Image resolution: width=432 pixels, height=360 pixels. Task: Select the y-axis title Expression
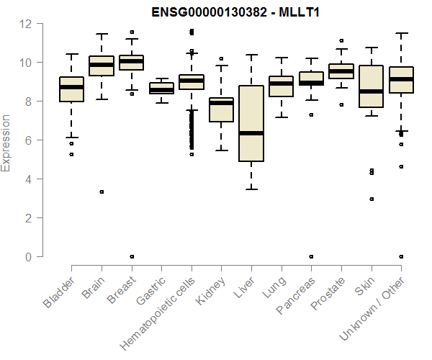pyautogui.click(x=6, y=143)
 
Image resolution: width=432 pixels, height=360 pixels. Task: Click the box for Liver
pyautogui.click(x=251, y=123)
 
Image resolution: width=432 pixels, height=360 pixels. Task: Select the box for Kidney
pyautogui.click(x=221, y=109)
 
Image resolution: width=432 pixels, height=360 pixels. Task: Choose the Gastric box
pyautogui.click(x=161, y=89)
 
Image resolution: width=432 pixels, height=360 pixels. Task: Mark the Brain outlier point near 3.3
pyautogui.click(x=102, y=192)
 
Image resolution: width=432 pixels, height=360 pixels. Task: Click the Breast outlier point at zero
pyautogui.click(x=132, y=256)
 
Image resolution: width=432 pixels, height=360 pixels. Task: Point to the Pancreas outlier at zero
pyautogui.click(x=311, y=256)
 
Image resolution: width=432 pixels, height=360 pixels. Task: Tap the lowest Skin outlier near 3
pyautogui.click(x=371, y=199)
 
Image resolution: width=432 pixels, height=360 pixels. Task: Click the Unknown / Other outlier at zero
pyautogui.click(x=401, y=256)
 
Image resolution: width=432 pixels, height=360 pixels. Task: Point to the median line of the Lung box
pyautogui.click(x=281, y=84)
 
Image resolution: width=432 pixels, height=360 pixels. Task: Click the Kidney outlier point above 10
pyautogui.click(x=221, y=58)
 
